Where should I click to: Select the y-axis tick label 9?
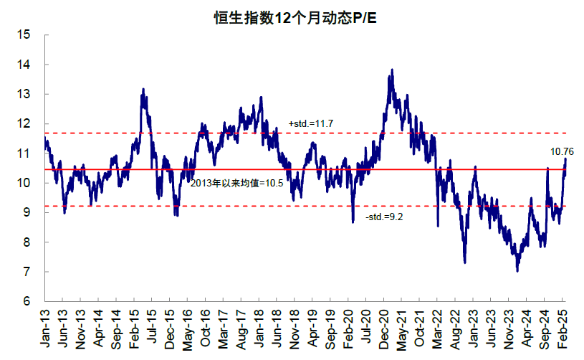point(27,212)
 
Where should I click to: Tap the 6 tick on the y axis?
point(27,302)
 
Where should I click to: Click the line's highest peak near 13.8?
point(391,70)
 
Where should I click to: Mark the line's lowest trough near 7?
point(517,271)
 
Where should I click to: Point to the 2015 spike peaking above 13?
point(143,89)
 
